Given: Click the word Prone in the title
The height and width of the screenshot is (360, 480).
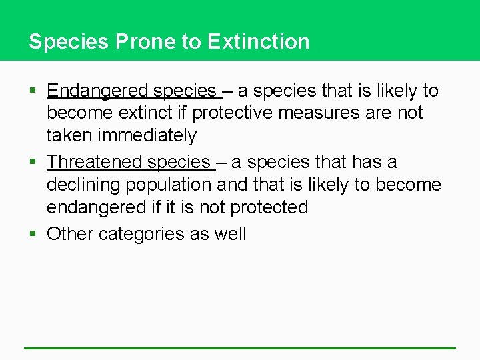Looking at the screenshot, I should pyautogui.click(x=145, y=41).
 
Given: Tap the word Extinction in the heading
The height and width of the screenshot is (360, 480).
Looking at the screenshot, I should pyautogui.click(x=259, y=41).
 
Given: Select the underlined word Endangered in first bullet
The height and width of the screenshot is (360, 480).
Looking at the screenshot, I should pyautogui.click(x=97, y=91).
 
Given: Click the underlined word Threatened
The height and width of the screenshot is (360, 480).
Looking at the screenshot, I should pyautogui.click(x=95, y=162).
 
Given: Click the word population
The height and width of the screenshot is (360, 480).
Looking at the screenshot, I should pyautogui.click(x=170, y=185).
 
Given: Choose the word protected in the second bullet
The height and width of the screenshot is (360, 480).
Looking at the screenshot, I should pyautogui.click(x=269, y=207).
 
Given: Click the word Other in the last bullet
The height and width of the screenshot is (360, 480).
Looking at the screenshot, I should pyautogui.click(x=70, y=234).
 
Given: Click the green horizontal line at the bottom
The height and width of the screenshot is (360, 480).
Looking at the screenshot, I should pyautogui.click(x=240, y=347).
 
